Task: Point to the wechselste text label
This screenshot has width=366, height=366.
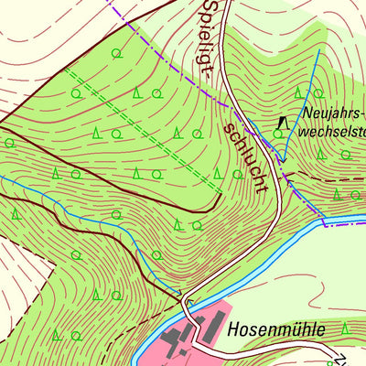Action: click(334, 131)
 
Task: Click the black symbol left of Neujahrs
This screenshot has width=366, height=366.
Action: click(282, 120)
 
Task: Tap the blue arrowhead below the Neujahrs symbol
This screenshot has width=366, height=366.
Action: click(283, 158)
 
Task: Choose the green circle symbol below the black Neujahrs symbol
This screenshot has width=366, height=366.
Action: click(279, 135)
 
